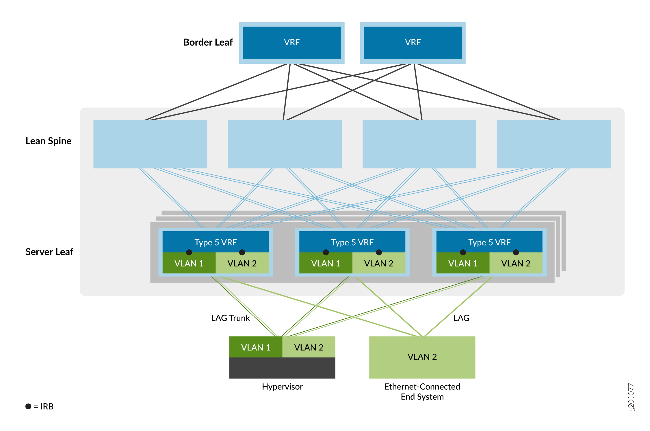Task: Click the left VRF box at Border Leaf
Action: coord(291,42)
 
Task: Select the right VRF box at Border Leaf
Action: coord(413,42)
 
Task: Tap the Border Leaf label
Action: coord(208,42)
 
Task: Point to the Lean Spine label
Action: coord(49,141)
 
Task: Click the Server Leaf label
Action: coord(49,252)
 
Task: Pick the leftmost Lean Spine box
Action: coord(150,144)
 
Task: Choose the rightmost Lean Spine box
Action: coord(554,144)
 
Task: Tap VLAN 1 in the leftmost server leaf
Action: coord(189,264)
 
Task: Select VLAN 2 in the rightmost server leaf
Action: coord(516,264)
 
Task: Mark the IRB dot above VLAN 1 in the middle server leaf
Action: coord(326,252)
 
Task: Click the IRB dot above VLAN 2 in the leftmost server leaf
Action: coord(242,252)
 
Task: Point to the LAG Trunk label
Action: coord(230,318)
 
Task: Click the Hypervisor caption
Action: coord(282,387)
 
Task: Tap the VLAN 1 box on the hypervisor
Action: coord(256,347)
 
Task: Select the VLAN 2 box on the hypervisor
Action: coord(309,347)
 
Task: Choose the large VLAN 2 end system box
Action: coord(422,357)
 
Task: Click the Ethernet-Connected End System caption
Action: coord(422,391)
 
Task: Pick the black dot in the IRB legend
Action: coord(28,406)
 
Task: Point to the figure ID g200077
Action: coord(631,397)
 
